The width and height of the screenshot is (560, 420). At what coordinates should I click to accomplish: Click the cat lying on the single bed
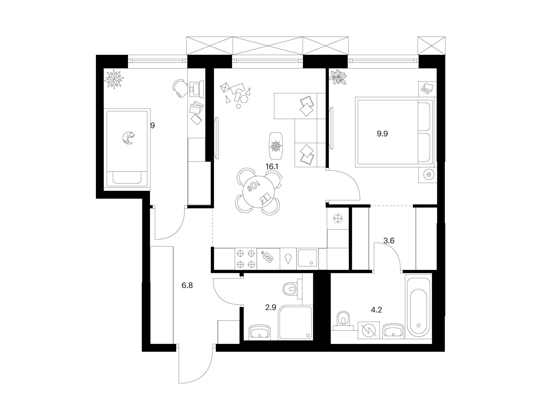[x=128, y=138]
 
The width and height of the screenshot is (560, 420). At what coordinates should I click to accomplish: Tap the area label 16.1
[x=272, y=167]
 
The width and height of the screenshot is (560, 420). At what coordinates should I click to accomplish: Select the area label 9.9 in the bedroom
[x=382, y=134]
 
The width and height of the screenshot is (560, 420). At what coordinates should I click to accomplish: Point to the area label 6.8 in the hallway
[x=187, y=286]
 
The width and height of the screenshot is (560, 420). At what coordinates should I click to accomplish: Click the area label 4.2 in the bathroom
[x=376, y=310]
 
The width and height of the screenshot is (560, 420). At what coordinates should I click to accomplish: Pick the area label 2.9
[x=270, y=308]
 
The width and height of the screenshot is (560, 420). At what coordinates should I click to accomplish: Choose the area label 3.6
[x=389, y=241]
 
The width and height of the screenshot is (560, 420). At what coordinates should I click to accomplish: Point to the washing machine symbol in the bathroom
[x=369, y=330]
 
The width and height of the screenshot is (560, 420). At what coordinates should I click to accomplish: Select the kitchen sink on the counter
[x=307, y=258]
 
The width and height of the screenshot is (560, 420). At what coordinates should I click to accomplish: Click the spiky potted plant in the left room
[x=114, y=79]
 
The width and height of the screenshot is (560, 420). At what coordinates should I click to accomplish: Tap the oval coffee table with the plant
[x=276, y=146]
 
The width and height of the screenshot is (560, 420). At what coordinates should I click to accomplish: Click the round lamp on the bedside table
[x=429, y=175]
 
